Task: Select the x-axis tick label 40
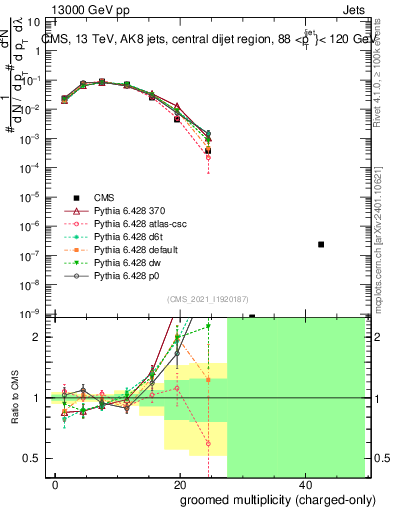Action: tap(304, 485)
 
